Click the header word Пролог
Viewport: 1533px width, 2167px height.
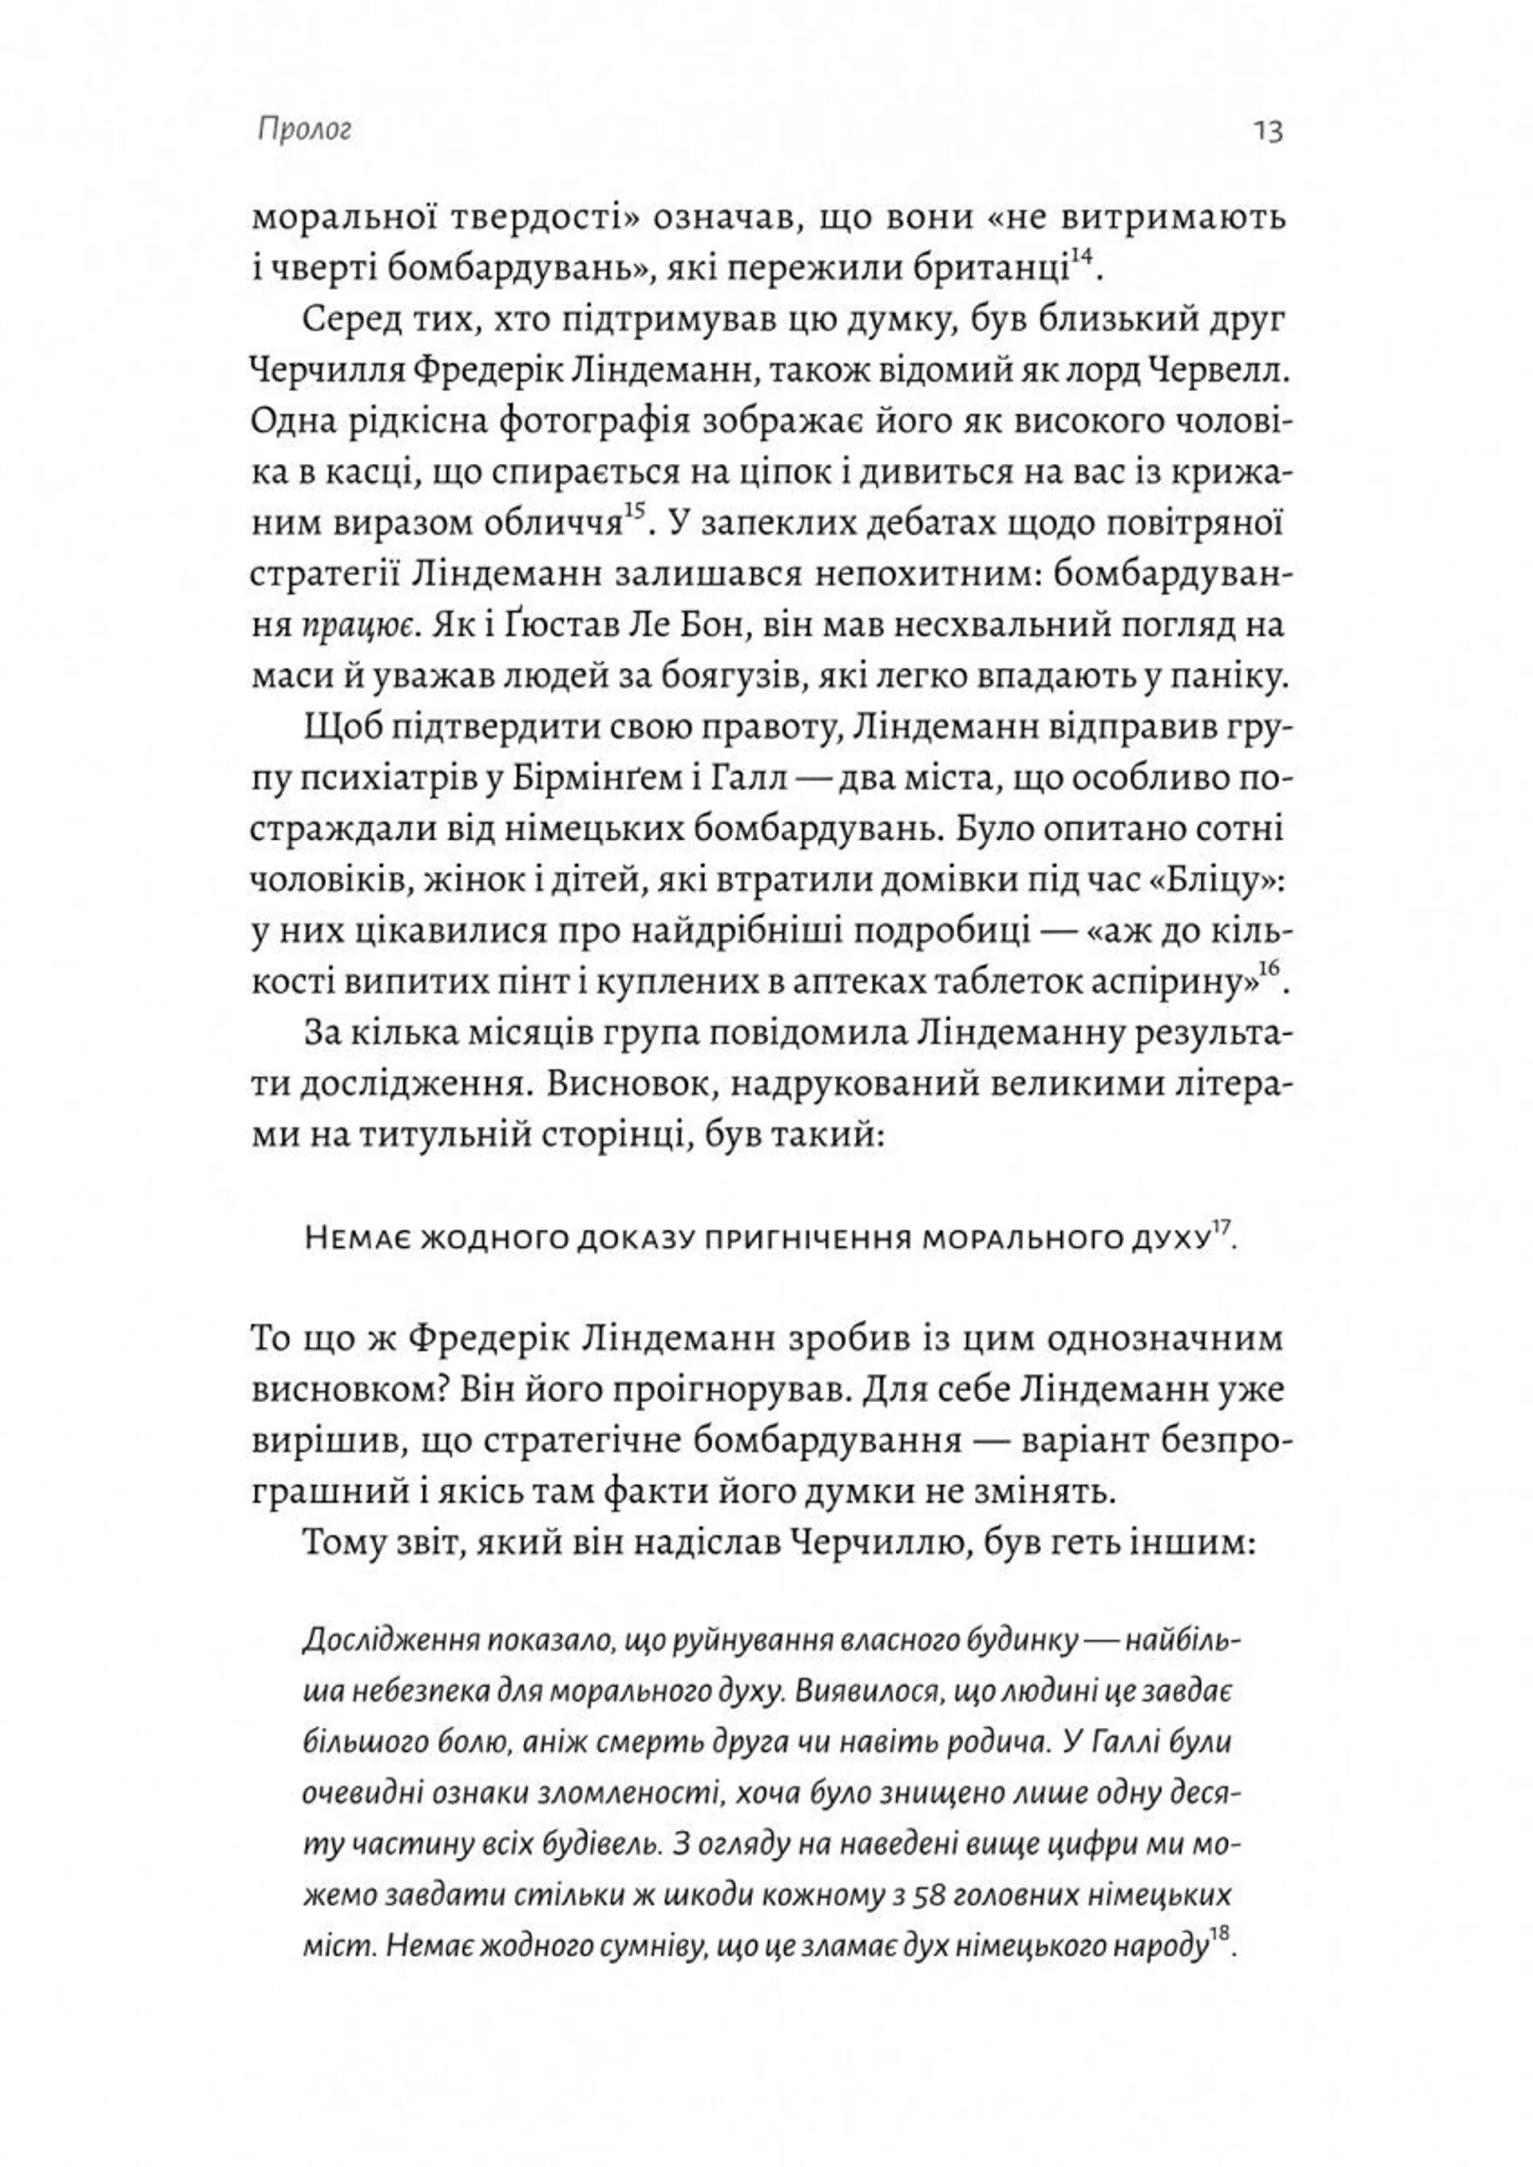point(304,131)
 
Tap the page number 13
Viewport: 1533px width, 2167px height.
point(1269,131)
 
